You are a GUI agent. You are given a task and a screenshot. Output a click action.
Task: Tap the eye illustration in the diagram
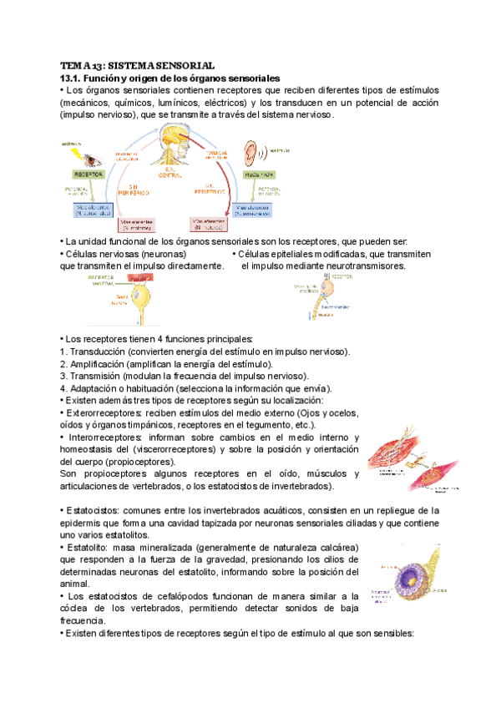point(92,156)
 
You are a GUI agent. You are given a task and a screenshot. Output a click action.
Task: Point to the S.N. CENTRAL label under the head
point(175,170)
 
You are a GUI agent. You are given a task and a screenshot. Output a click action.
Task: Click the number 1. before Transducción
point(63,352)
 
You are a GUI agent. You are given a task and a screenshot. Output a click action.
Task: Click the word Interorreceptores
point(104,437)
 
